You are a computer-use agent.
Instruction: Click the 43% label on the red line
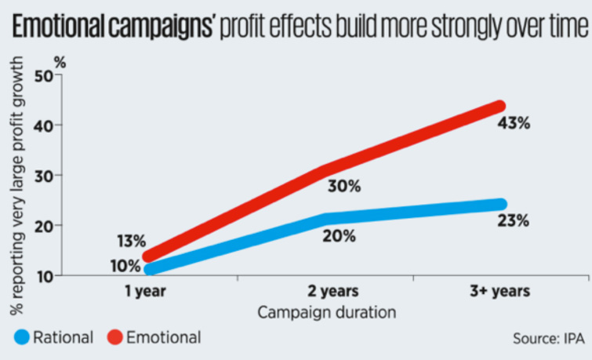coord(514,124)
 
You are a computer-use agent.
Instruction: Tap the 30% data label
coord(343,186)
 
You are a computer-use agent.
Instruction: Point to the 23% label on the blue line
coord(514,220)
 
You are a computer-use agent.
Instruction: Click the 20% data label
coord(338,235)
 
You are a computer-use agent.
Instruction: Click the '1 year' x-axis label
coord(143,291)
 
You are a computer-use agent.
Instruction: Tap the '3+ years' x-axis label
coord(499,291)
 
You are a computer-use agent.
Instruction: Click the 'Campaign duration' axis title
coord(327,311)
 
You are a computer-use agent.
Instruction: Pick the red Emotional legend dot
coord(112,338)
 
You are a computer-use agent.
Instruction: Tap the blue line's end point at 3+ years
coord(499,205)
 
